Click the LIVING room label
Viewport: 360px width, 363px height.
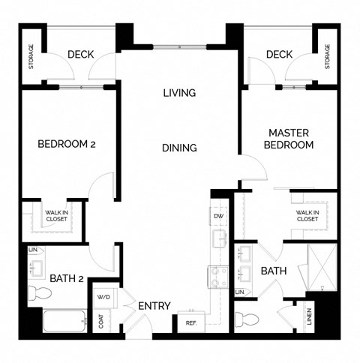click(x=179, y=94)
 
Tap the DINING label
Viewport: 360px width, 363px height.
click(x=179, y=148)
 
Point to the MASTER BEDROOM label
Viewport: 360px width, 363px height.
click(x=289, y=138)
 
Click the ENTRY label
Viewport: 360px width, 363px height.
click(x=154, y=306)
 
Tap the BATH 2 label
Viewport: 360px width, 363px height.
click(x=66, y=279)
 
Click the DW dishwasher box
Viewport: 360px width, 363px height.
click(x=219, y=217)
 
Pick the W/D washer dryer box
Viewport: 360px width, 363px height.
click(x=103, y=296)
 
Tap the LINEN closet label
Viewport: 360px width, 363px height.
click(x=309, y=318)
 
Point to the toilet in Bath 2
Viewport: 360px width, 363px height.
click(x=35, y=292)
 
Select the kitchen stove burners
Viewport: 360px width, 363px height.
click(x=218, y=277)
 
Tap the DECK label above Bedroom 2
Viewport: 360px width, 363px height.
click(x=79, y=55)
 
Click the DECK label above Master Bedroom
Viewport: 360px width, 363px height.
click(x=278, y=55)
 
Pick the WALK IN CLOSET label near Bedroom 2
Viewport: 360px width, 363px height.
click(x=53, y=217)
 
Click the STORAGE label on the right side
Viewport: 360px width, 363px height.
click(x=327, y=57)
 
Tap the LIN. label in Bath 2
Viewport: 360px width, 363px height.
click(x=32, y=249)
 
